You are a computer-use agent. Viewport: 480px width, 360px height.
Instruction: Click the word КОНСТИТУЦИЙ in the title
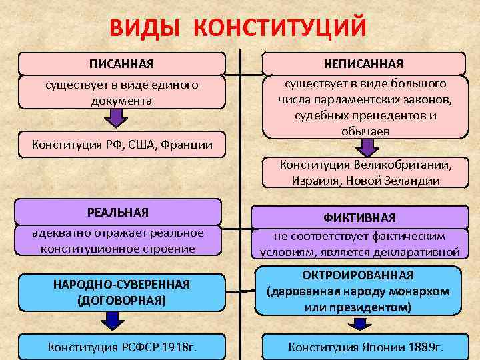283,29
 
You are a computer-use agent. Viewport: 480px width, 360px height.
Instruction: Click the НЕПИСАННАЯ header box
363,63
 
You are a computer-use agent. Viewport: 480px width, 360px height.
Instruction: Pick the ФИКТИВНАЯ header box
359,217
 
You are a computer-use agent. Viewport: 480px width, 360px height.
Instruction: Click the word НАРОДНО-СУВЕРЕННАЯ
121,285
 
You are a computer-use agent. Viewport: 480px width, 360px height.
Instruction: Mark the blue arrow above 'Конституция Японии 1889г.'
361,323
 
